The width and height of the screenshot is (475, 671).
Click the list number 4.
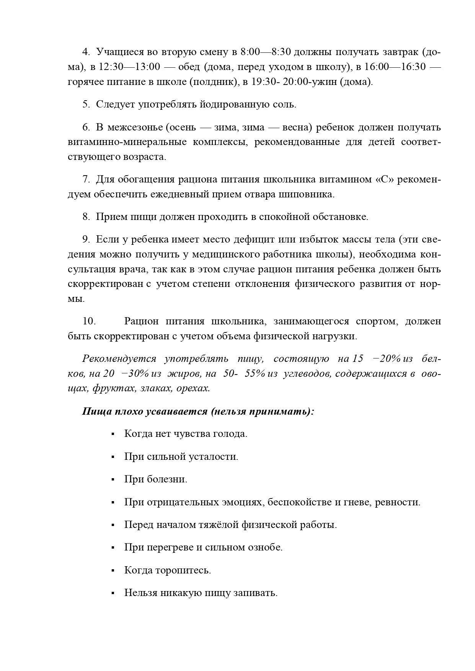(86, 52)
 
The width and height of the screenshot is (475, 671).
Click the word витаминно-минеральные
(127, 142)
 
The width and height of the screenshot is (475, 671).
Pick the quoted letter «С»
(385, 179)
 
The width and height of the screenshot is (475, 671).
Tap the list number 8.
(86, 217)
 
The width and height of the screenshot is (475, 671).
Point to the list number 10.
(89, 321)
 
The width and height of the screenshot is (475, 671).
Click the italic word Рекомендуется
(119, 359)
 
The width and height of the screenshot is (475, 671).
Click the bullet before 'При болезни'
(113, 479)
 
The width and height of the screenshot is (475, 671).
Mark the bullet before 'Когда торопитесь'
(113, 570)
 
